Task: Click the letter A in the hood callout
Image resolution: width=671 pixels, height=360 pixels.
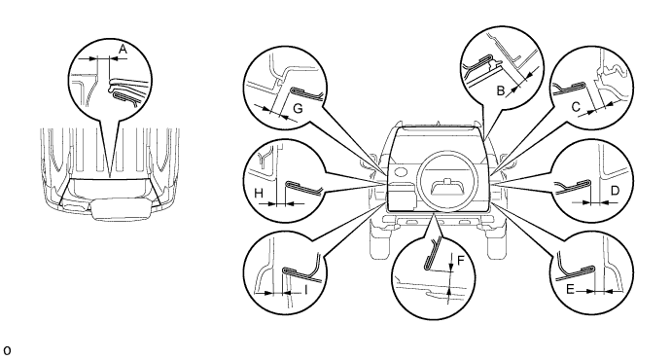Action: coord(123,50)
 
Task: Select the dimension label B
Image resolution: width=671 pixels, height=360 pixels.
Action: coord(501,90)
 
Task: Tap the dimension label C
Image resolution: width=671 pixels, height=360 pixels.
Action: coord(576,107)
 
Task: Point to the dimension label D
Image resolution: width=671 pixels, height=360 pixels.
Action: coord(615,190)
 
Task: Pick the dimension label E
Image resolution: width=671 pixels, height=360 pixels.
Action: coord(570,290)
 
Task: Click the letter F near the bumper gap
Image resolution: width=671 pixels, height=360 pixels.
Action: coord(460,260)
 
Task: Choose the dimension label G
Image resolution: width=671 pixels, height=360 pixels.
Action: coord(298,108)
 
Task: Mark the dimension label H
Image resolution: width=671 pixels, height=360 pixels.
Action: coord(259,194)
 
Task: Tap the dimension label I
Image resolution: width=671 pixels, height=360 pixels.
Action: coord(306,290)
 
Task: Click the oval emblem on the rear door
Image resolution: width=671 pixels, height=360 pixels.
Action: coord(401,172)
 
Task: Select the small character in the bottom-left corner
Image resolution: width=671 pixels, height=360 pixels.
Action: coord(7,350)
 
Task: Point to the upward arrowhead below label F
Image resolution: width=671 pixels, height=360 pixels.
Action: coord(449,291)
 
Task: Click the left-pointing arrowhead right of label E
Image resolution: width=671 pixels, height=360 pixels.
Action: coord(611,291)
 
